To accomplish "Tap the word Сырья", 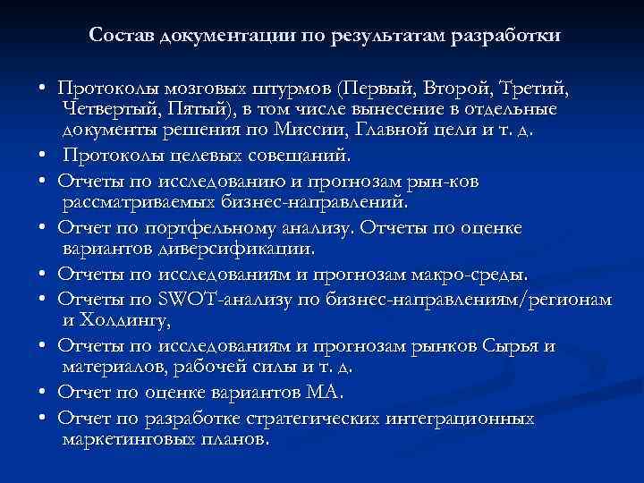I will [507, 345].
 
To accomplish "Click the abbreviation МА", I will [325, 392].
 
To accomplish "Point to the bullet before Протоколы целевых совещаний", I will [43, 157].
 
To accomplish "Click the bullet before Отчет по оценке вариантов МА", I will [43, 393].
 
